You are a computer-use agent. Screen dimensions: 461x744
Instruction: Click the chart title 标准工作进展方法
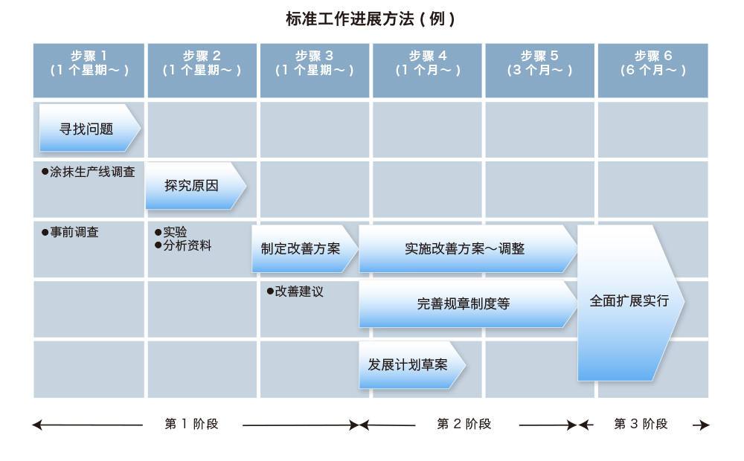[x=370, y=19]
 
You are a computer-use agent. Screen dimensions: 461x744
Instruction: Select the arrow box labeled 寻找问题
[x=88, y=129]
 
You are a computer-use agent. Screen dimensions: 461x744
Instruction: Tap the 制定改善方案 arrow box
[x=301, y=248]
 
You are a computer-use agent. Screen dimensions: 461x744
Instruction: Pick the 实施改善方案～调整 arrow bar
[x=465, y=248]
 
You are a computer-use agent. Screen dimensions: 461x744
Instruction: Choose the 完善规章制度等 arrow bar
[x=464, y=303]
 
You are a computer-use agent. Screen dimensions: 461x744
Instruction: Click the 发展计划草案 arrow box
[x=409, y=365]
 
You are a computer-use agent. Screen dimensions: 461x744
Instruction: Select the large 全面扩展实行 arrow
[x=629, y=301]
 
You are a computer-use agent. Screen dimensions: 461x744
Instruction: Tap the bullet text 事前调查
[x=74, y=232]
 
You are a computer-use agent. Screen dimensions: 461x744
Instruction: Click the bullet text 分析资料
[x=187, y=245]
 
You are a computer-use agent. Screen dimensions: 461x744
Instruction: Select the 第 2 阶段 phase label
[x=464, y=424]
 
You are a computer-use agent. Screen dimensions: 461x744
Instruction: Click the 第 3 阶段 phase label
[x=641, y=424]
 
